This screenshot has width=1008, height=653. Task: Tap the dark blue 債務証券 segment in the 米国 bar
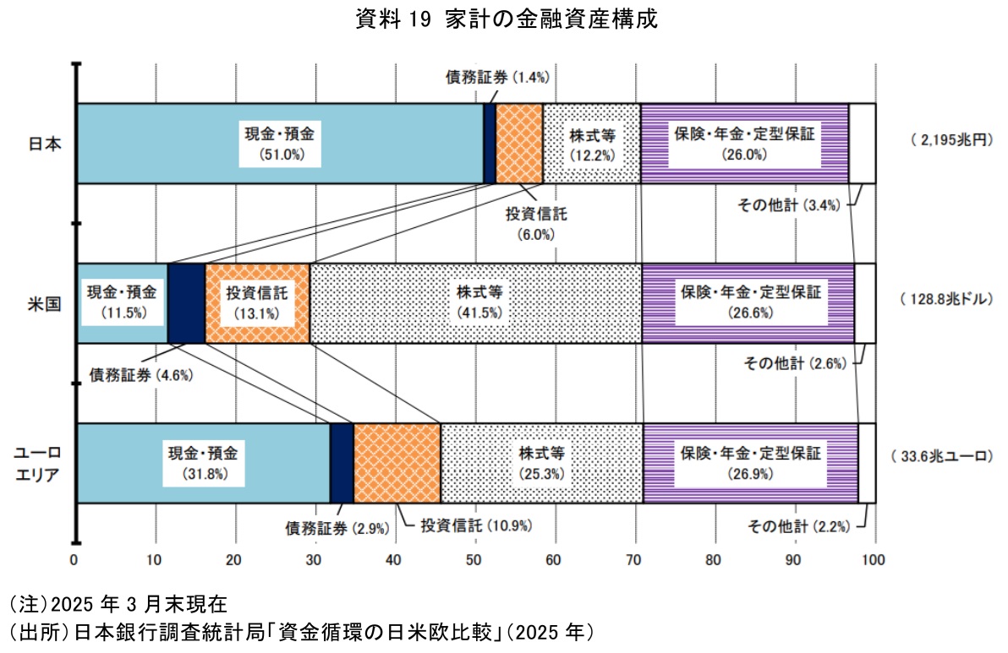point(186,302)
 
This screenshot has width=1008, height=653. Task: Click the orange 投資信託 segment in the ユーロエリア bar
point(397,462)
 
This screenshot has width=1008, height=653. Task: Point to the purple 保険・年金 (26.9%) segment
point(751,462)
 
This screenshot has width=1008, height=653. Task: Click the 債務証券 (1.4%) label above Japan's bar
point(498,77)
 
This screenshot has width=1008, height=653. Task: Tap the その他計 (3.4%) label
point(786,205)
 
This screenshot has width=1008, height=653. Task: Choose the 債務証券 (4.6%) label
point(141,374)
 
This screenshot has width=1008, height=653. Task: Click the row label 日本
point(44,143)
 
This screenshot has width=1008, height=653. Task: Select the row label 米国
point(44,302)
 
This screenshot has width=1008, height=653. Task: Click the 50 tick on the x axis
point(474,558)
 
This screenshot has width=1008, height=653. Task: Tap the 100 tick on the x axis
point(874,558)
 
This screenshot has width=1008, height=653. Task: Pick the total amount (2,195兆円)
point(950,140)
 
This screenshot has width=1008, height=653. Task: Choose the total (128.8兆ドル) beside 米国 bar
point(947,299)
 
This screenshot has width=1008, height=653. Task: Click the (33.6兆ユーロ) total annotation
point(940,457)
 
